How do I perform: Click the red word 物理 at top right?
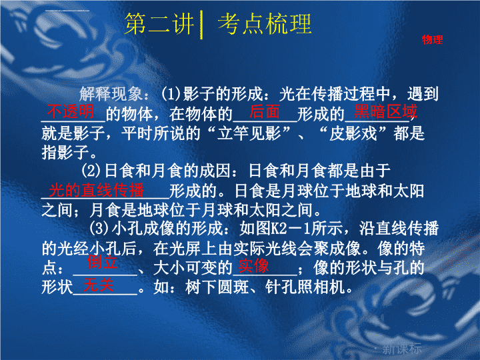(432, 39)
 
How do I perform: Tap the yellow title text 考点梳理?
(265, 24)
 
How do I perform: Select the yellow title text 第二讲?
(159, 24)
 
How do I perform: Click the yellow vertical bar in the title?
(201, 25)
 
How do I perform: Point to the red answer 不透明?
(71, 111)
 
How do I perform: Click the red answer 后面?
(265, 111)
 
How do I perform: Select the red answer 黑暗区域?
(386, 111)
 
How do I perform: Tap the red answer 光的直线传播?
(97, 190)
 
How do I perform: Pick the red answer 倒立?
(102, 262)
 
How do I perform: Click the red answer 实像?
(253, 266)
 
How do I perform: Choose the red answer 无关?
(99, 285)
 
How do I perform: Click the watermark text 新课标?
(402, 349)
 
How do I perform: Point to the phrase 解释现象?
(111, 94)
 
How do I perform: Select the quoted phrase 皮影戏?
(353, 133)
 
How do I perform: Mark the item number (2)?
(91, 171)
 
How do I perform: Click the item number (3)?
(99, 229)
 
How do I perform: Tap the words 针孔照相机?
(305, 287)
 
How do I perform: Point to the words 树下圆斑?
(217, 287)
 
